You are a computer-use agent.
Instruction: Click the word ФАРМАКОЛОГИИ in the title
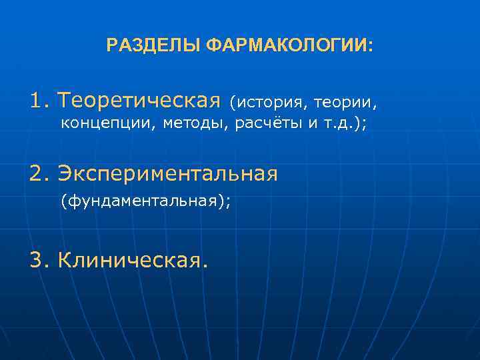287,46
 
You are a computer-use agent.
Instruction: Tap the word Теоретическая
139,101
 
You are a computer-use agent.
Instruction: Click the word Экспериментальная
167,174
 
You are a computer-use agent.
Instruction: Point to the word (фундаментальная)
143,200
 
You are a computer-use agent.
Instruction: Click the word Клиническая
127,261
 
